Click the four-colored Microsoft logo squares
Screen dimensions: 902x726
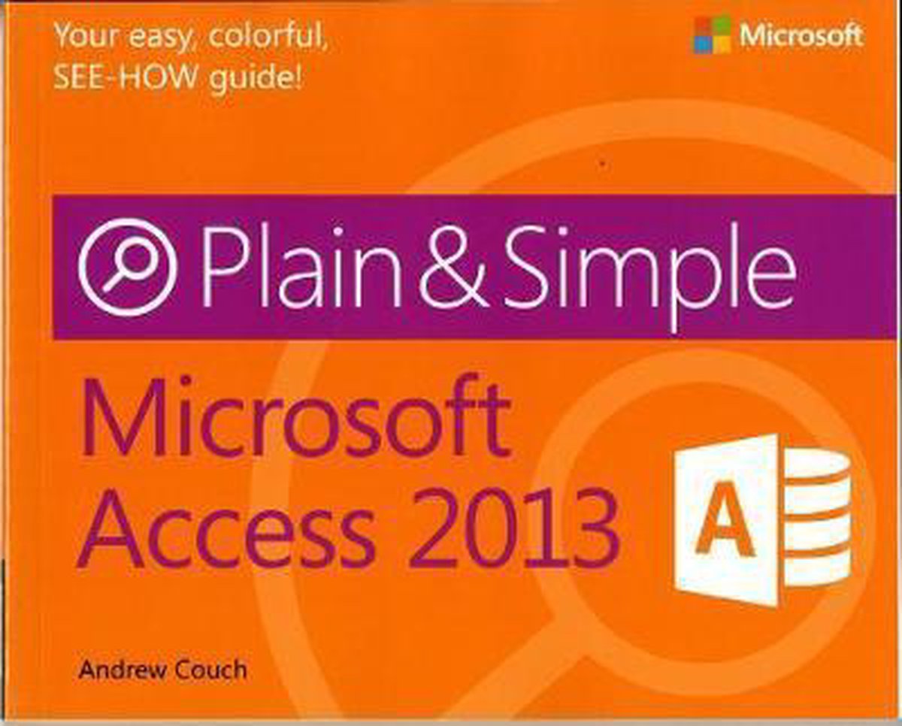click(x=712, y=35)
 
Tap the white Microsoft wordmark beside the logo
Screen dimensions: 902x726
click(x=801, y=35)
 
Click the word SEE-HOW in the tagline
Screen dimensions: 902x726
click(x=126, y=77)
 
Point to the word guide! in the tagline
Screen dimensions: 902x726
click(x=256, y=80)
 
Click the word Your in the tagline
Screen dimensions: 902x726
click(x=86, y=35)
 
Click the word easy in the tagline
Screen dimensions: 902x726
click(x=160, y=38)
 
